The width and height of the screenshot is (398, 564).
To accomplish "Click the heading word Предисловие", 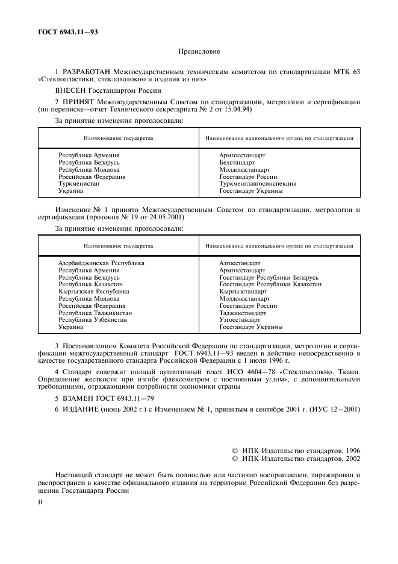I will [199, 52].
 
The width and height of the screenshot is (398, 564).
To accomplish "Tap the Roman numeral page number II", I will [40, 500].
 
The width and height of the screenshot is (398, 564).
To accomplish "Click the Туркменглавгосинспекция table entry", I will [258, 184].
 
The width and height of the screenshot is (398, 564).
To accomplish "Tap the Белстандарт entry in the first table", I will [237, 163].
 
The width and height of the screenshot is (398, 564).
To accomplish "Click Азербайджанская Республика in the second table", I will [101, 263].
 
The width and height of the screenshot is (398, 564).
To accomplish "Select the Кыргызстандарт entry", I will [243, 291].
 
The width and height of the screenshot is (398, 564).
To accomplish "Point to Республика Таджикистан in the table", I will [95, 313].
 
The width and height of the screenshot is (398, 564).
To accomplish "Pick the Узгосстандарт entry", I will [240, 320].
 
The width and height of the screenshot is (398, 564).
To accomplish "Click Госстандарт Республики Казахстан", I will [270, 284].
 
